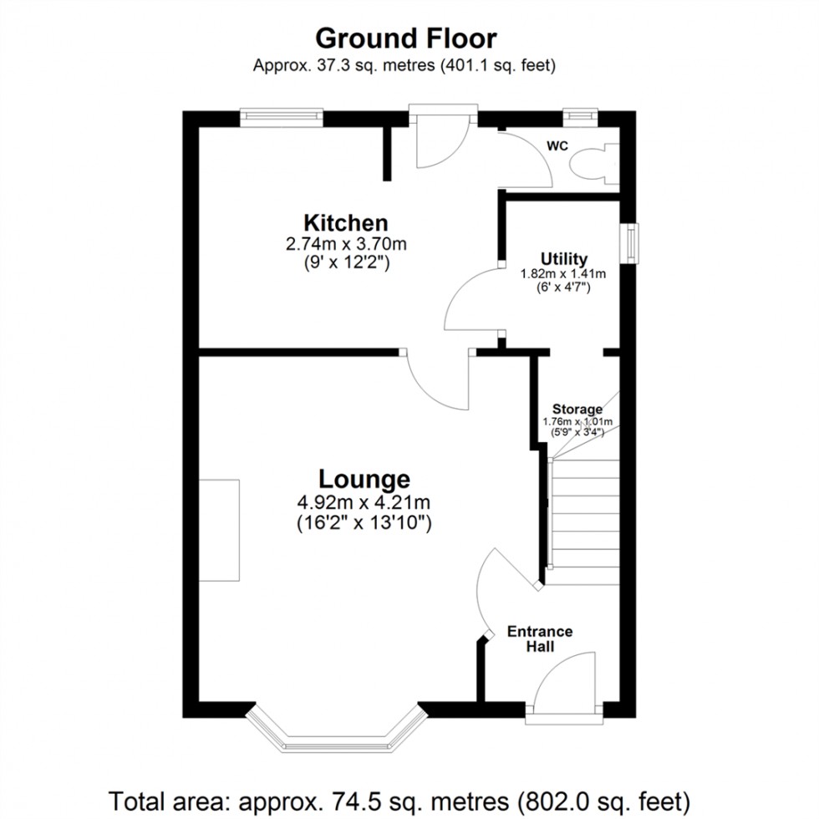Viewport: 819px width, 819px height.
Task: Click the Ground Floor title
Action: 405,38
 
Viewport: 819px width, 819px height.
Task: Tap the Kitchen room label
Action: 345,223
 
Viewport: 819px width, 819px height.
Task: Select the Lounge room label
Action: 364,479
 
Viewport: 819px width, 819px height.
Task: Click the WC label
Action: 557,146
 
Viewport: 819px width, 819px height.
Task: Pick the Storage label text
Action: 577,409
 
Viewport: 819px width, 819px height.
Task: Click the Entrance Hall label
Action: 540,638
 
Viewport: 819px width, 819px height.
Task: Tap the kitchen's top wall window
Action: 281,117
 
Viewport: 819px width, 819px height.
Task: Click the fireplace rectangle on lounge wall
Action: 219,530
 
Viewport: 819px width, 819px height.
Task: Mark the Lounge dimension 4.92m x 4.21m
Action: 364,503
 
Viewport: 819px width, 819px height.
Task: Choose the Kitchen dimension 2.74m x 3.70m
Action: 346,245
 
